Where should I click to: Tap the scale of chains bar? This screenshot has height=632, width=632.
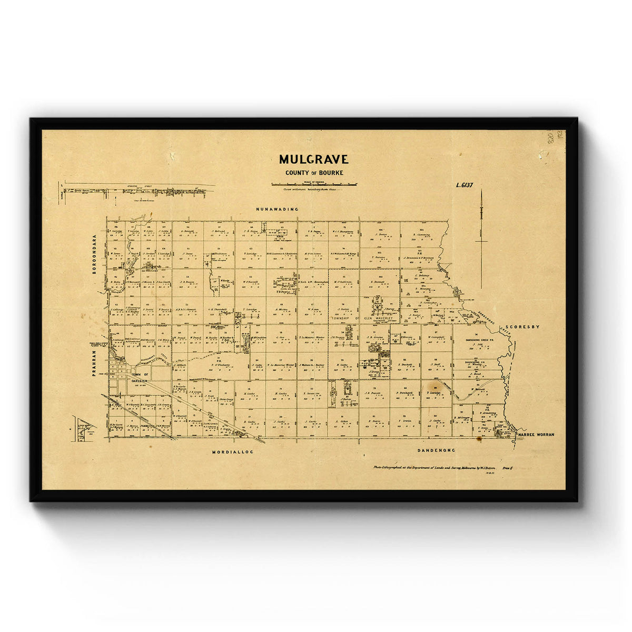[315, 184]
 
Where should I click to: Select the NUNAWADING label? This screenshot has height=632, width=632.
[277, 209]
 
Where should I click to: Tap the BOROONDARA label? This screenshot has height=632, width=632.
[95, 252]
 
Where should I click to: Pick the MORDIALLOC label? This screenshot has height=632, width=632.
[233, 452]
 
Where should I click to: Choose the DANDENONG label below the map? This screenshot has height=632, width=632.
[436, 450]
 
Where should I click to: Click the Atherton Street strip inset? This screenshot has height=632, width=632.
[137, 191]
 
